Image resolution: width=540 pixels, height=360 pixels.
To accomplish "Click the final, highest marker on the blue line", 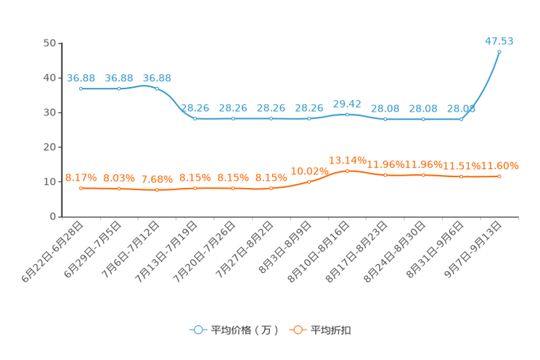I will pos(499,52).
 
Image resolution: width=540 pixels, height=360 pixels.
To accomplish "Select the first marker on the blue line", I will pos(81,88).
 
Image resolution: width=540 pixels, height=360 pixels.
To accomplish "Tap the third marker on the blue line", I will pos(157,88).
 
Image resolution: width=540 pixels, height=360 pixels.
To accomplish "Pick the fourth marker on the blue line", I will pos(195,119).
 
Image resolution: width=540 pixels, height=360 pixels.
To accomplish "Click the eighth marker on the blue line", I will pos(347,115).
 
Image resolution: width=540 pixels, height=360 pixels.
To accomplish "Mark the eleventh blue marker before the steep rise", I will pos(461,119).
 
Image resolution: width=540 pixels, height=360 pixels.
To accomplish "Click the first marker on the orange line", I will pos(81,189).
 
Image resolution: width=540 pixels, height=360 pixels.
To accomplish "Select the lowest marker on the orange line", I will pos(157,191).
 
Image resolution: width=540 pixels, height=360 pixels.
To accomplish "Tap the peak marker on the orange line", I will pos(347,171).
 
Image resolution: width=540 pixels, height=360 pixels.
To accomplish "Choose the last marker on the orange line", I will pos(499,176).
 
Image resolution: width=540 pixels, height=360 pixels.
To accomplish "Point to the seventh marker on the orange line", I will pos(309,182).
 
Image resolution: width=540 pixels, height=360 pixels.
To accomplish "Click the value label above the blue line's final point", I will pos(499,41).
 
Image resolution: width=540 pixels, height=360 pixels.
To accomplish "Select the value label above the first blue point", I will pos(81,77).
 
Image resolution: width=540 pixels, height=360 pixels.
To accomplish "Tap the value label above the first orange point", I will pos(81,177).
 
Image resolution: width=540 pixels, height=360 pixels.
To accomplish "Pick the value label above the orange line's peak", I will pos(347,159).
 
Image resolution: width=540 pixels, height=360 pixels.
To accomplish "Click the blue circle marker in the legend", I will pos(197,330).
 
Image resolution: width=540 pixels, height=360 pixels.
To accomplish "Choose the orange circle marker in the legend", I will pos(297,330).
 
